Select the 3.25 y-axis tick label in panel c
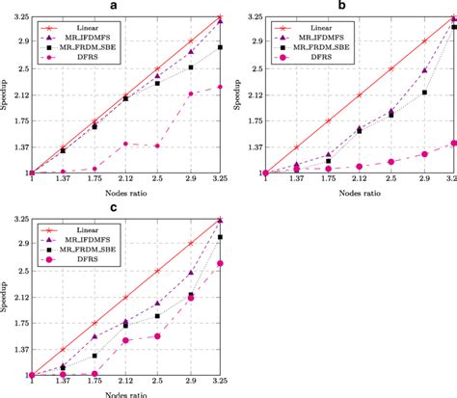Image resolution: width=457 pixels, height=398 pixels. pyautogui.click(x=17, y=220)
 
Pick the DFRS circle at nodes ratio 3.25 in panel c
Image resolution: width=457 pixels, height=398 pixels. pyautogui.click(x=222, y=263)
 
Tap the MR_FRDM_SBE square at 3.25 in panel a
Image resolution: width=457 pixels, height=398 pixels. pyautogui.click(x=221, y=47)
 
